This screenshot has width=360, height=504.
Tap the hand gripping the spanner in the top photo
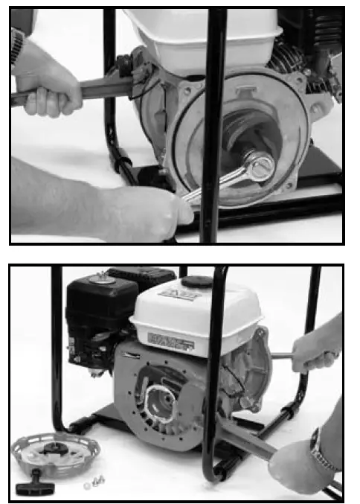pos(149,208)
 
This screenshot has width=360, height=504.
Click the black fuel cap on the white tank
pos(198,284)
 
